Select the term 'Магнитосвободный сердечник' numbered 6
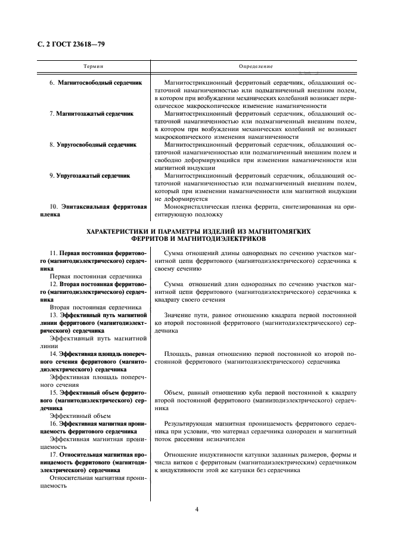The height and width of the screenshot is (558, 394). (100, 82)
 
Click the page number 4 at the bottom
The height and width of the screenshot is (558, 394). (196, 509)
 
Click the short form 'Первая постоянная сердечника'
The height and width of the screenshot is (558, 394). (95, 276)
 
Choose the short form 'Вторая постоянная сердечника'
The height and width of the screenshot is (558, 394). (95, 307)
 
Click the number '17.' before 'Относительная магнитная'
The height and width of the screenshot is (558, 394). (54, 454)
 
